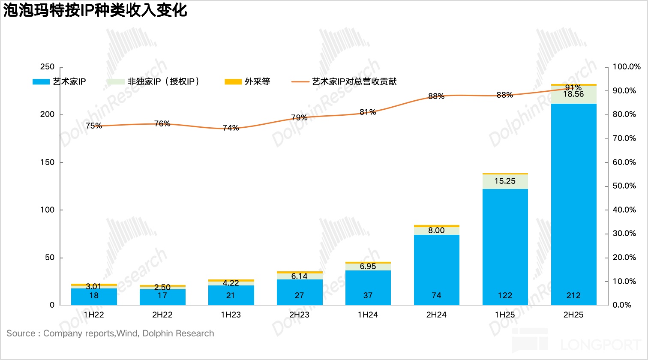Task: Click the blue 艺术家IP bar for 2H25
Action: pos(573,201)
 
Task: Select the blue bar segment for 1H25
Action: pos(505,244)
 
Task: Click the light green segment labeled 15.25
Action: pos(505,181)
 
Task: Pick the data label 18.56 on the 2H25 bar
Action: pos(573,94)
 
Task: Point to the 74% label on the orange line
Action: pos(231,128)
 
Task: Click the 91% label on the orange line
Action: pos(573,88)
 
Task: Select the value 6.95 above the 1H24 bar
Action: pos(368,266)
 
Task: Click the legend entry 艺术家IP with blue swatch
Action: pos(60,81)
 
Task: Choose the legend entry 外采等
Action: pos(248,81)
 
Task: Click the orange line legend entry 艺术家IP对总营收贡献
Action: pos(345,81)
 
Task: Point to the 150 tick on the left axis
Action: pos(48,162)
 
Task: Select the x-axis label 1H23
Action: pos(231,315)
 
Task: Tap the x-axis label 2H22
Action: pos(162,315)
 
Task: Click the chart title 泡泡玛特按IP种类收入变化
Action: pos(95,10)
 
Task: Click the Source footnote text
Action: pos(110,333)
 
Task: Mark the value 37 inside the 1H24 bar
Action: pos(368,295)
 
